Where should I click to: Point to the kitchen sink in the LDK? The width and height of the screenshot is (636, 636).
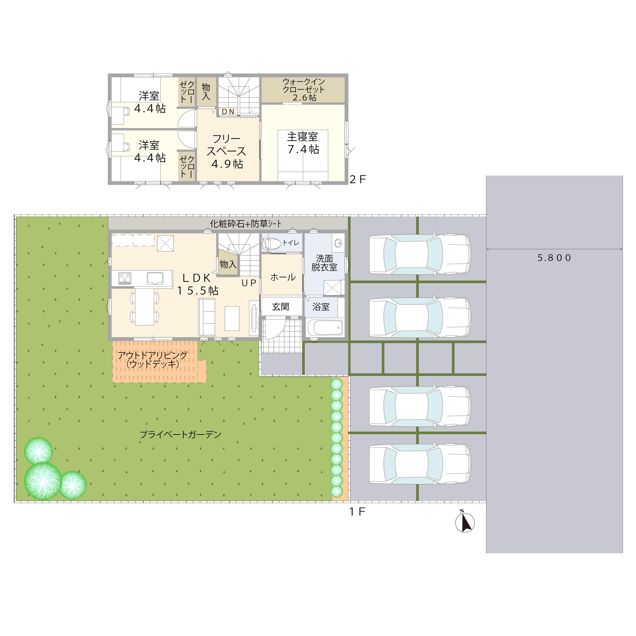click(x=155, y=278)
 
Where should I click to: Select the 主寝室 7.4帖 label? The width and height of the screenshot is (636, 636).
click(x=303, y=143)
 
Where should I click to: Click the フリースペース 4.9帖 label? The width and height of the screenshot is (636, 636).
click(x=226, y=151)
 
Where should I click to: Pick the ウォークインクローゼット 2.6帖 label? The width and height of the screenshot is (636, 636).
click(x=304, y=89)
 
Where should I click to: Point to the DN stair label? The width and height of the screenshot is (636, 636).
click(x=228, y=112)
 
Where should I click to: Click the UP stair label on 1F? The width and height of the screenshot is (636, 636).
click(x=249, y=283)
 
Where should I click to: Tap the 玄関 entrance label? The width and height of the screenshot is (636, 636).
click(x=281, y=307)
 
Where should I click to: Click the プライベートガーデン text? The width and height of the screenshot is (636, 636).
click(x=180, y=435)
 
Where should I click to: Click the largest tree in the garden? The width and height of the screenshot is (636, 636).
click(x=43, y=481)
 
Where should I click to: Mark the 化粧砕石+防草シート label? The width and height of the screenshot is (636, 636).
click(x=246, y=224)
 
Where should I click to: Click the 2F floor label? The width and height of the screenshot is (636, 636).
click(x=358, y=179)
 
